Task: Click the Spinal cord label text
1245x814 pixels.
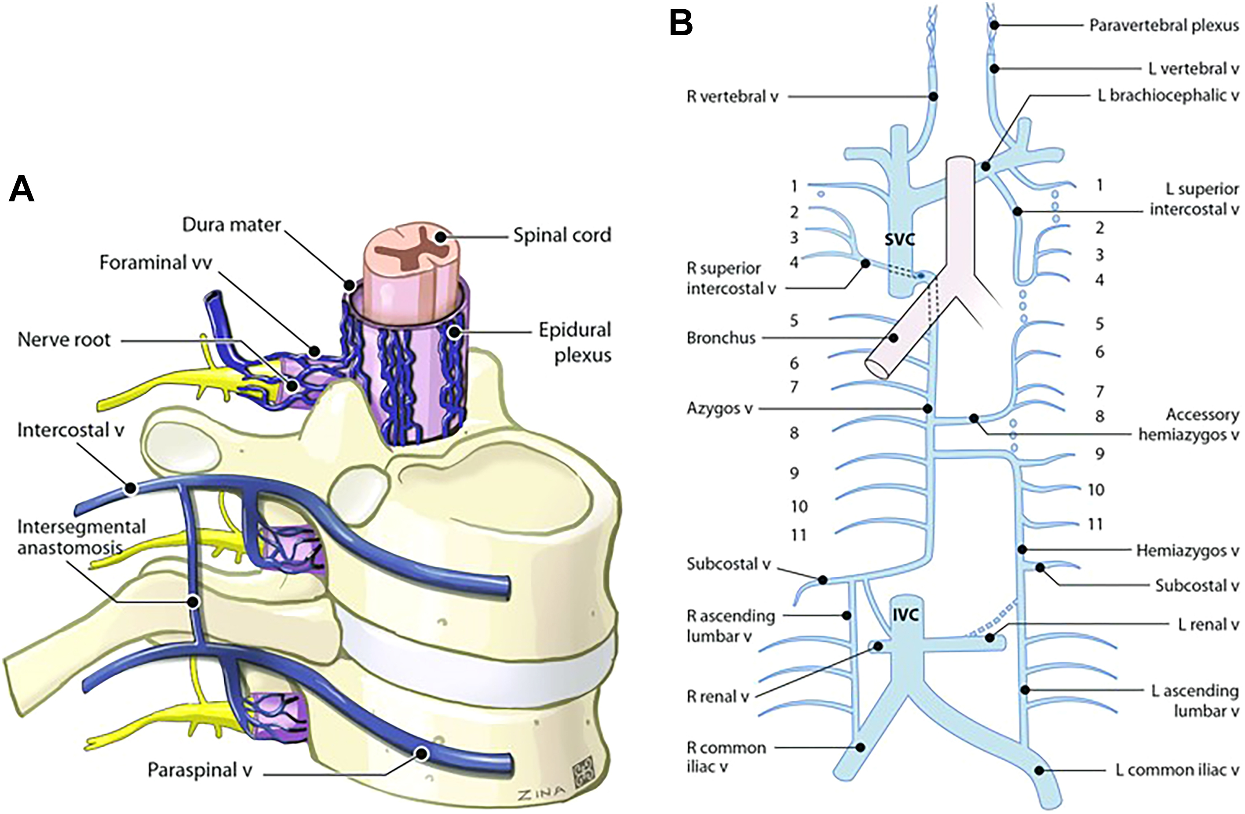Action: point(562,235)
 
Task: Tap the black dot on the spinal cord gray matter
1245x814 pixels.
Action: point(441,237)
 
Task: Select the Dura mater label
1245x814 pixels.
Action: point(231,224)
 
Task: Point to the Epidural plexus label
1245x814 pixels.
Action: point(575,342)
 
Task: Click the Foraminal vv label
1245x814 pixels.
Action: point(156,262)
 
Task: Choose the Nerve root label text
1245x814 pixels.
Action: point(64,339)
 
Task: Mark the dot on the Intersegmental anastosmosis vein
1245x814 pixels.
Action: point(193,602)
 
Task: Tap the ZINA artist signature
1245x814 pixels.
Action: point(541,794)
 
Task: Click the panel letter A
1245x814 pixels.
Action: point(22,188)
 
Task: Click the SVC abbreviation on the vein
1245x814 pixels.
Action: point(900,240)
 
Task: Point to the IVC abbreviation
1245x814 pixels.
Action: point(905,615)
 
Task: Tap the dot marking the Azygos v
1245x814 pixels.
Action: point(927,408)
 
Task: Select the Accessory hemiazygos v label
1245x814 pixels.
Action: point(1189,425)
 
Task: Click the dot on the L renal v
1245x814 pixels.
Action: point(990,638)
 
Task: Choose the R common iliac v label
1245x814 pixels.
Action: point(726,757)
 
